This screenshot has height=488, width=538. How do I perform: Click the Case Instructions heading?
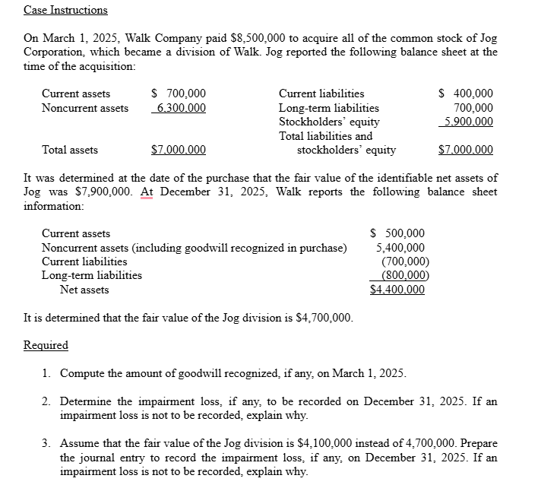tap(65, 10)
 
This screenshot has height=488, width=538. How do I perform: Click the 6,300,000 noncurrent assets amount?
tap(179, 108)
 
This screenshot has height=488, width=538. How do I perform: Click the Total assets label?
tap(69, 150)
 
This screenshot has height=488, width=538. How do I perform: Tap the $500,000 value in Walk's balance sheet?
tap(397, 233)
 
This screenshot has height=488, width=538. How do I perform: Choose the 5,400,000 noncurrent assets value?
tap(400, 247)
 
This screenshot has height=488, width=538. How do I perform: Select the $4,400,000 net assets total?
tap(397, 290)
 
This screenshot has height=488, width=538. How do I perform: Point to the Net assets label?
tap(84, 290)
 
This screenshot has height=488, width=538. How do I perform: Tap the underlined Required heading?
tap(46, 345)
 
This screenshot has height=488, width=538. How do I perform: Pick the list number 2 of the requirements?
tap(46, 401)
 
